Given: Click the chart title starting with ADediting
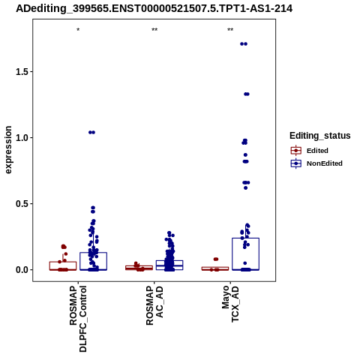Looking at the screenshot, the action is tap(154, 8).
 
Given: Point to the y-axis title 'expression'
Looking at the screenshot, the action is tap(8, 150).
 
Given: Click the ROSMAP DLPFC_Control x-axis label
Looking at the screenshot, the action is tap(78, 319).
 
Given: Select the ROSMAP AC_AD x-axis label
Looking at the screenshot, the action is tap(154, 305).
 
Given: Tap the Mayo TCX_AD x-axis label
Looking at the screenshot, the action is tap(230, 304).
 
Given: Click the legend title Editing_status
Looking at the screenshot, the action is tap(320, 136).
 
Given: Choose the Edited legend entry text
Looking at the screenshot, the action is tap(317, 151).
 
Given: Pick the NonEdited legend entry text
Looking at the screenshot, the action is tap(325, 163).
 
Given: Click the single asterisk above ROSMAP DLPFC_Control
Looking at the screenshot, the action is tap(78, 30).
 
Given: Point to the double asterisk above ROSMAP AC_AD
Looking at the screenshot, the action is tap(154, 30).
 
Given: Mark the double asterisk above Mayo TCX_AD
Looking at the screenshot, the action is tap(230, 30).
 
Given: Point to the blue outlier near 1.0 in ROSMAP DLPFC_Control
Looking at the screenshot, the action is tap(91, 133).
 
